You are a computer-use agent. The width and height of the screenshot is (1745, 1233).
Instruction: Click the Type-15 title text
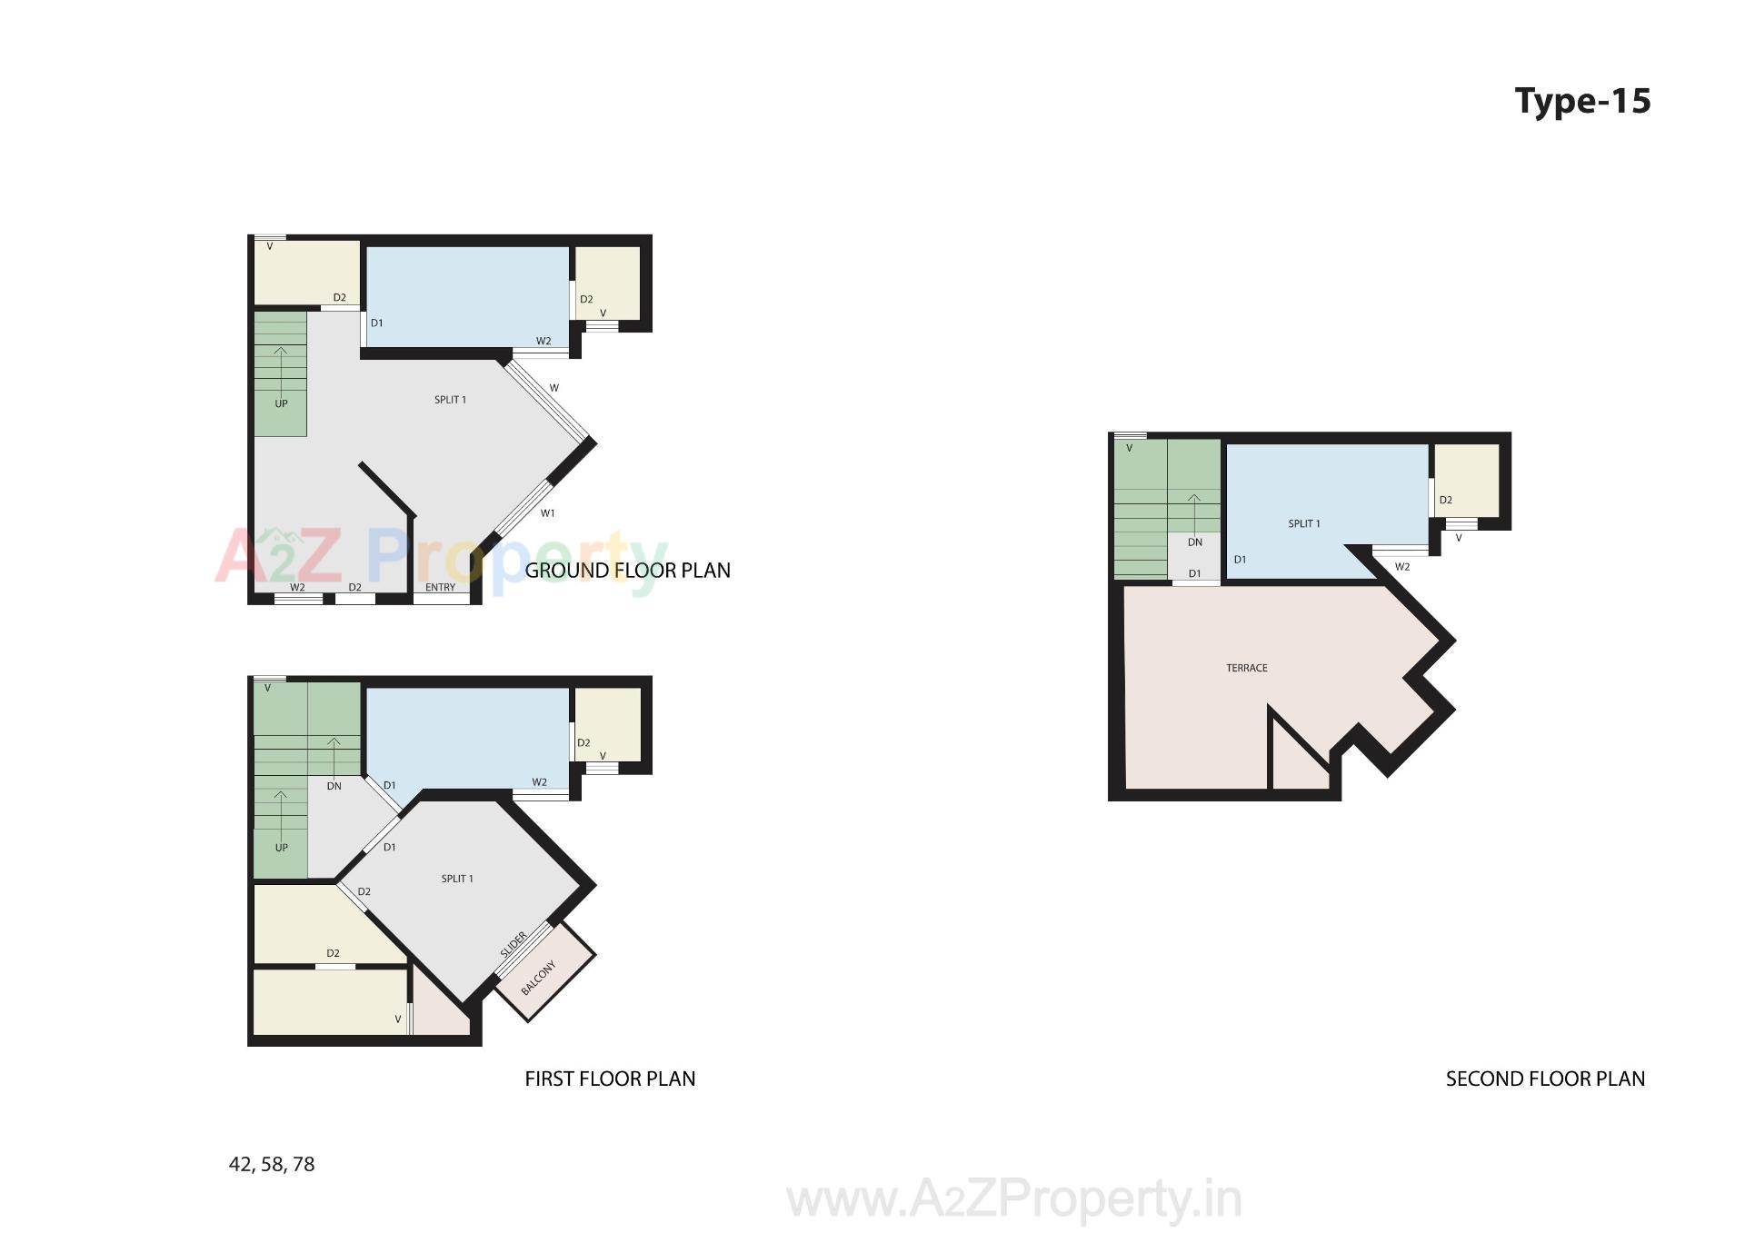click(1582, 101)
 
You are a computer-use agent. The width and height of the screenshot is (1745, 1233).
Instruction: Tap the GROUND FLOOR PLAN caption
click(627, 571)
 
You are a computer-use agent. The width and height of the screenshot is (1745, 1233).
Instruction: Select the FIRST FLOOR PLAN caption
click(610, 1079)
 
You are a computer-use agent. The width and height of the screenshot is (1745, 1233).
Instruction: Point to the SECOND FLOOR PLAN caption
click(1545, 1079)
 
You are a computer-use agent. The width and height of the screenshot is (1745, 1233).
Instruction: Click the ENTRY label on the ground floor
click(440, 588)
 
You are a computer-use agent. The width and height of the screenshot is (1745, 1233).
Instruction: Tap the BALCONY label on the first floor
click(538, 977)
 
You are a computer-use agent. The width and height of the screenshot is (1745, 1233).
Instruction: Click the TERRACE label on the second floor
click(1246, 668)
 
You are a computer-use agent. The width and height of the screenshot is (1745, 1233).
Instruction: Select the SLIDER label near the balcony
click(514, 945)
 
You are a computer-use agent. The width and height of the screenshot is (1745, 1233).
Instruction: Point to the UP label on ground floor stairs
click(281, 403)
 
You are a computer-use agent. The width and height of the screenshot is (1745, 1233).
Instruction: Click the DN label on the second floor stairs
click(1194, 542)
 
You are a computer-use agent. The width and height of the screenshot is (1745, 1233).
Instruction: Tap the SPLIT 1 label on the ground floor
click(450, 400)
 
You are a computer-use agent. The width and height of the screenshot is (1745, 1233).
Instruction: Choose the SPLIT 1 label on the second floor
click(1303, 523)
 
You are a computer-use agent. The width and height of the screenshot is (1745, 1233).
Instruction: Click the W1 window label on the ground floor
click(547, 513)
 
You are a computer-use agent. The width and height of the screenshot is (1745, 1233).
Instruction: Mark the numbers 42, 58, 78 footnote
click(272, 1164)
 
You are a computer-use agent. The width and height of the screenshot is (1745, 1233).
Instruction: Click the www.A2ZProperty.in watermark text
click(1013, 1199)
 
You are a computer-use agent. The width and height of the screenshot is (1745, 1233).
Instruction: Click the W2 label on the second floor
click(1401, 567)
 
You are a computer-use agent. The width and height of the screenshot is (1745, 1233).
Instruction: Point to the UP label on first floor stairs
click(281, 848)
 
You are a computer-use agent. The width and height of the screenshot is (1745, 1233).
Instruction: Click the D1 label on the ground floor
click(376, 323)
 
